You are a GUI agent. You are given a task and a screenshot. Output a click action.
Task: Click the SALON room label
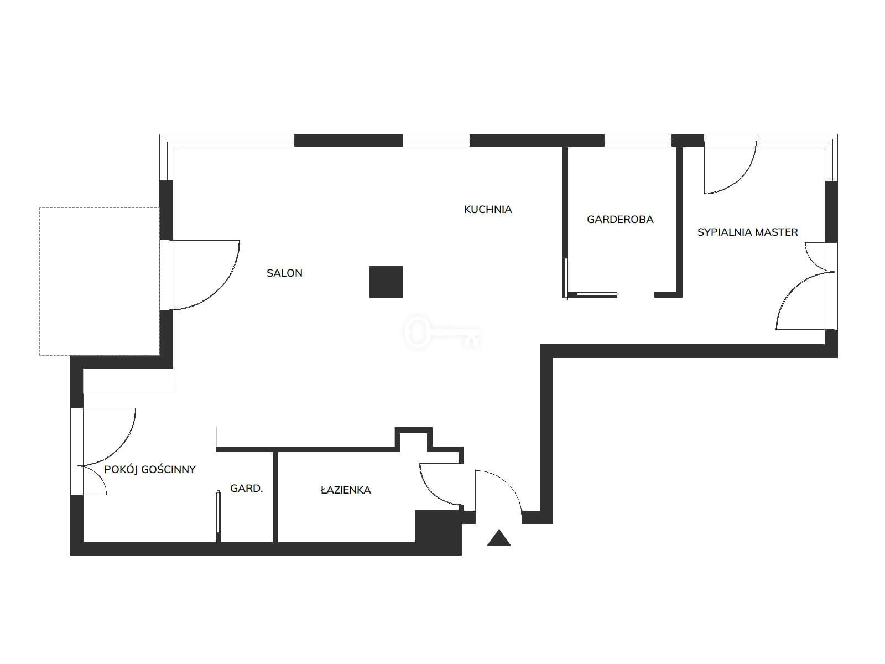tap(284, 273)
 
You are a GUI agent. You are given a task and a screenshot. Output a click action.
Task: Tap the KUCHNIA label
tap(488, 210)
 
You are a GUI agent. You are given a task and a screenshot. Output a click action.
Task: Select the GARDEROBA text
tap(620, 220)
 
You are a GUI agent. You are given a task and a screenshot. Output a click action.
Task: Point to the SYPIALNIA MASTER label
tap(747, 232)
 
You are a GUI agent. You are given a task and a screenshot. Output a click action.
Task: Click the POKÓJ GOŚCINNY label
tap(149, 469)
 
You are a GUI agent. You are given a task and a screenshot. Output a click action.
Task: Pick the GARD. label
tap(246, 489)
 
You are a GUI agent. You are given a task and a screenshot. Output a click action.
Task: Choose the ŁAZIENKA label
tap(346, 490)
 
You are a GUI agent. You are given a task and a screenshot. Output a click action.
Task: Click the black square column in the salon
tap(386, 282)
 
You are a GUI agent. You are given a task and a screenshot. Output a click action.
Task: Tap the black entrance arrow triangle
tap(499, 538)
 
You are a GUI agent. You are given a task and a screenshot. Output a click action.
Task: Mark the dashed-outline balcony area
tap(99, 282)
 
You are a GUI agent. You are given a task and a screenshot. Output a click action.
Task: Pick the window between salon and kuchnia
tap(436, 141)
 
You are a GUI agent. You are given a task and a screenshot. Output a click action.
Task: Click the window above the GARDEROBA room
tap(638, 141)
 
